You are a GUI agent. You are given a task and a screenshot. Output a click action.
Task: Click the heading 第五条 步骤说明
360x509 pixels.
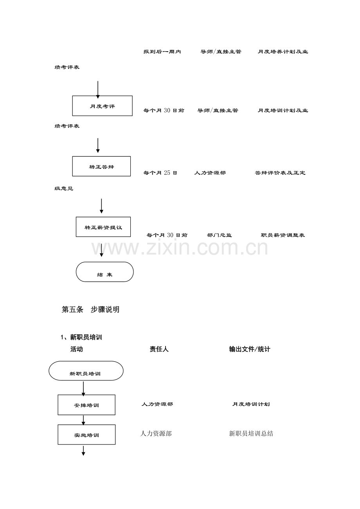pos(90,310)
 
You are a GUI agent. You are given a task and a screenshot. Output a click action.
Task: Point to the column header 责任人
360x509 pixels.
pos(159,349)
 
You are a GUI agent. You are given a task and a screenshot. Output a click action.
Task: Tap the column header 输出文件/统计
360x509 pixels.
pos(250,349)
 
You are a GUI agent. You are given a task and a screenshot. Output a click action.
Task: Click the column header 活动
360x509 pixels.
pos(77,349)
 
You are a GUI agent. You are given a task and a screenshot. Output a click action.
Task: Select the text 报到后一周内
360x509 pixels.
pos(162,52)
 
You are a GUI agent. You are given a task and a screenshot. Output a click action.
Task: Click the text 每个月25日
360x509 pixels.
pos(160,173)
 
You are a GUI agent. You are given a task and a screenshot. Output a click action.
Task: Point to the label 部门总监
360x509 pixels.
pos(219,235)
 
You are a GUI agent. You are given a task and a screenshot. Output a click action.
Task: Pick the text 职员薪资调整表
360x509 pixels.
pos(283,235)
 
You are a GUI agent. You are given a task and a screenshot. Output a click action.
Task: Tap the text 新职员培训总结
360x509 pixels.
pos(251,434)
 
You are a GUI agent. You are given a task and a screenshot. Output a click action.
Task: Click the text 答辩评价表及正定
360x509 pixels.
pos(280,173)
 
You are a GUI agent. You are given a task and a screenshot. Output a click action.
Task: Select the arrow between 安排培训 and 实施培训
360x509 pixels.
pos(83,420)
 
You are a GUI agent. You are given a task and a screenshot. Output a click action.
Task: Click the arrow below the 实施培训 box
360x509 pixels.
pos(83,451)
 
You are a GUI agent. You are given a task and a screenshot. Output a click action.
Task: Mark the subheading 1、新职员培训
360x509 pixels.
pos(81,337)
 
